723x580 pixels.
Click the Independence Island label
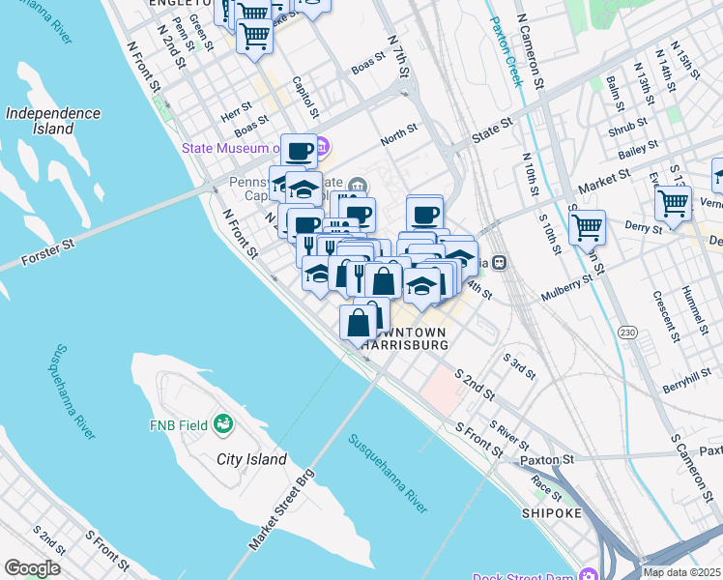[53, 121]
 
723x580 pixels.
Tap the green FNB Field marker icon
[224, 423]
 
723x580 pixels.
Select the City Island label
[251, 459]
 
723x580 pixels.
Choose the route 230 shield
[628, 332]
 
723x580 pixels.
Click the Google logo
[32, 567]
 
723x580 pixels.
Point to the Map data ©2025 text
[681, 572]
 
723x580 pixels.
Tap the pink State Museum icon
[322, 149]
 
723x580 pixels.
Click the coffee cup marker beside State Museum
[299, 150]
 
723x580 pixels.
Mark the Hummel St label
[692, 307]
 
